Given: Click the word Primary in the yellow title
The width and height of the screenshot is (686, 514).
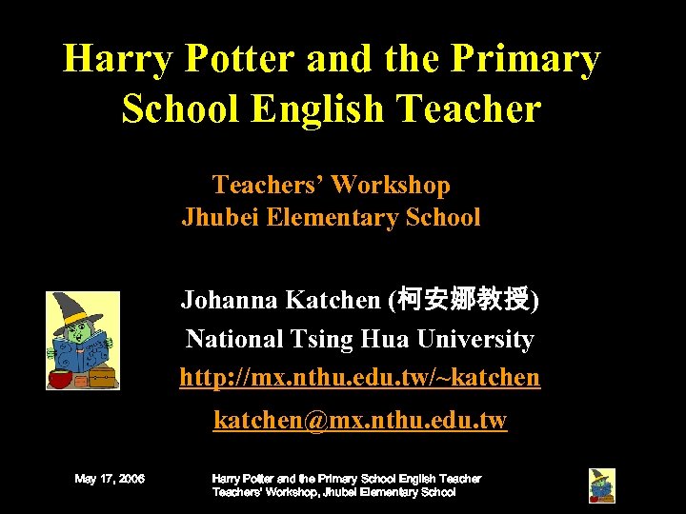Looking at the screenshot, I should tap(526, 59).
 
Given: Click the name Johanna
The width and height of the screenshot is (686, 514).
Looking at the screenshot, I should tap(230, 302).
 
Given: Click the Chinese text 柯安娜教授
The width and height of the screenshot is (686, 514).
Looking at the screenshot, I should tap(464, 302).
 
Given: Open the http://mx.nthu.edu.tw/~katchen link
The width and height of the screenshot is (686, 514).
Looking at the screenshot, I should tap(359, 378).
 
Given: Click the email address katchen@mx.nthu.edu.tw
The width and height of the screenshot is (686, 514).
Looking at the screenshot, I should tap(359, 420).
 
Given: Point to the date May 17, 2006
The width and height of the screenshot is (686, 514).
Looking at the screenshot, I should tap(110, 479).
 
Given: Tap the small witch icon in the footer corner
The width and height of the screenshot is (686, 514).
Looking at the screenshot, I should tap(601, 485).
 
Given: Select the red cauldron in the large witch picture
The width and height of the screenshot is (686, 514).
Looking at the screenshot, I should tap(59, 379).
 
